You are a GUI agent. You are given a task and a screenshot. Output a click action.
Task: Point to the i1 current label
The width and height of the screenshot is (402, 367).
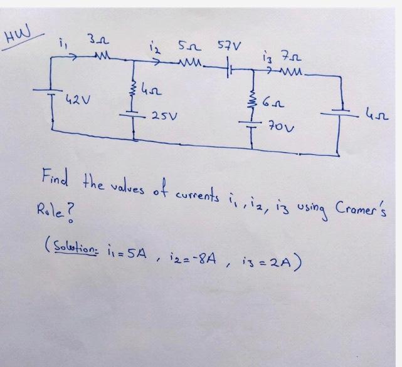pos(61,46)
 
